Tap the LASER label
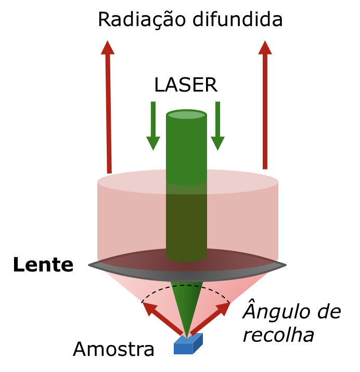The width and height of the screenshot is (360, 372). [x=185, y=85]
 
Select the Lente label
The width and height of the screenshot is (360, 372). [x=43, y=265]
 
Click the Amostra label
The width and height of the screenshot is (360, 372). [x=113, y=349]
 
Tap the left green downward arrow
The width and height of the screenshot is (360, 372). [x=153, y=127]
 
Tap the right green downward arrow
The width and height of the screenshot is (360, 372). [x=217, y=127]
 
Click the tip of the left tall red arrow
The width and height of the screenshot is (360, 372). [x=107, y=42]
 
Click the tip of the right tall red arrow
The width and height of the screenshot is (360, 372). [x=265, y=42]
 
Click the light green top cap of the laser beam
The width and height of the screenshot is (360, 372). [x=186, y=114]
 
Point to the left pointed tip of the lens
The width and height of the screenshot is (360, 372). [x=89, y=265]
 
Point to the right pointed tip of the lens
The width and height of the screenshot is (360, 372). [x=285, y=265]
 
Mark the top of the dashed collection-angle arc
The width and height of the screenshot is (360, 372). [x=186, y=285]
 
